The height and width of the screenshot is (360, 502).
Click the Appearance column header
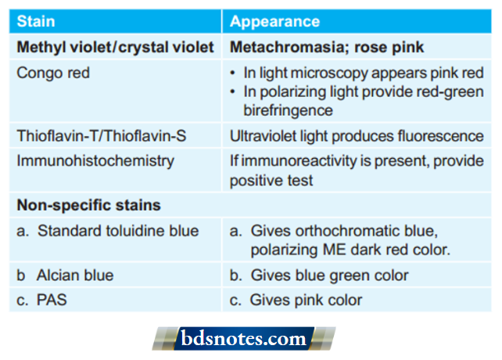(274, 22)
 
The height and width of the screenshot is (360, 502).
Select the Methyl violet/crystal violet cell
(115, 47)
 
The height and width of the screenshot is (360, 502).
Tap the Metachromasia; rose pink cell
(327, 47)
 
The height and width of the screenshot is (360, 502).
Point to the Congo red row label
(53, 73)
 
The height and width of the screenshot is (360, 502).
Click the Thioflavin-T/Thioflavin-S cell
(102, 136)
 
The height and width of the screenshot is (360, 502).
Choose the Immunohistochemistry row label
(95, 161)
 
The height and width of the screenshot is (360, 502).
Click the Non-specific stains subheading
(89, 206)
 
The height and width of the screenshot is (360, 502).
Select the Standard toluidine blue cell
(108, 231)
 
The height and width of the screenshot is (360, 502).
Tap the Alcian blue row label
(66, 275)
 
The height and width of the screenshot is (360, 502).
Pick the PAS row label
(45, 300)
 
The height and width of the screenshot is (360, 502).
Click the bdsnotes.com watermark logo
(245, 339)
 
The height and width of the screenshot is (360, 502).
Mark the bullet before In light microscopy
(234, 73)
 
